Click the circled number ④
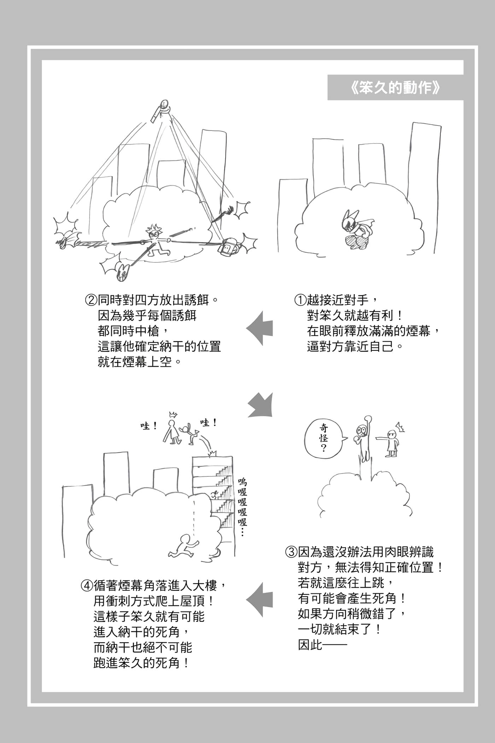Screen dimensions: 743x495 [87, 586]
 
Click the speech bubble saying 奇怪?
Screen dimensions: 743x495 [323, 438]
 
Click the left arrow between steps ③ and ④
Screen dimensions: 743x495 [260, 600]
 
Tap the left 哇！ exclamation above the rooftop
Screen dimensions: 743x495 [148, 426]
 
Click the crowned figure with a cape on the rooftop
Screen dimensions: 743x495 [172, 430]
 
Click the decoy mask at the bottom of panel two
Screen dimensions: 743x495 [122, 272]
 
